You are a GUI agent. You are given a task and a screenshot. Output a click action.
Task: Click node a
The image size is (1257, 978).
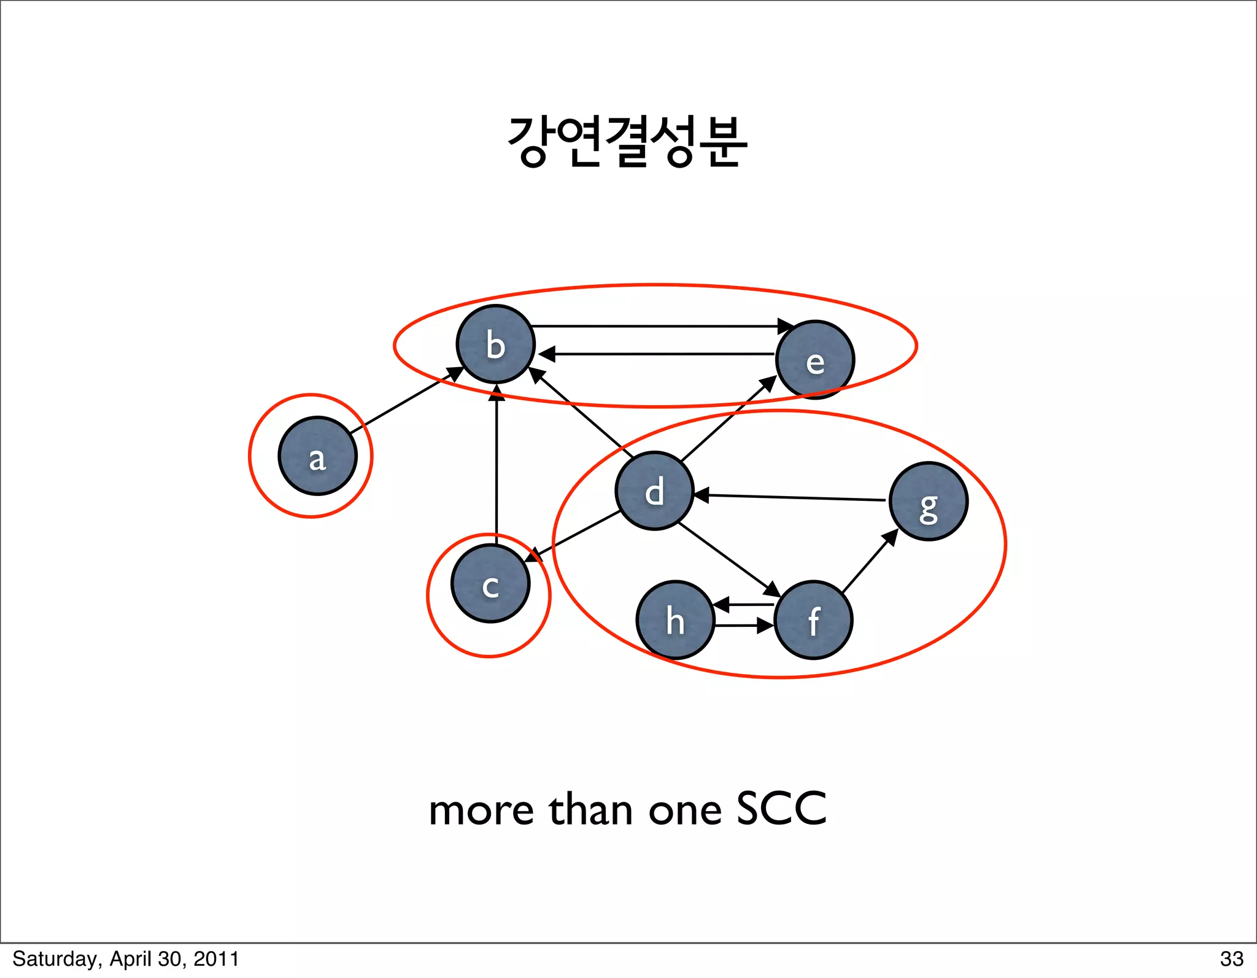click(x=317, y=456)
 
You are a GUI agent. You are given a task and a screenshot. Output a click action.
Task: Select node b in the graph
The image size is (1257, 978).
click(x=495, y=344)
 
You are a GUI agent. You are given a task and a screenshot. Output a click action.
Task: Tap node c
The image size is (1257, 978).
click(x=490, y=584)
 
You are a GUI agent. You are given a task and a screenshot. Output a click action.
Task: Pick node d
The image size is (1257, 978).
click(x=654, y=491)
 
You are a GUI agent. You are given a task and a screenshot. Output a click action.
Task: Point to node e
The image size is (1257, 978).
click(x=814, y=360)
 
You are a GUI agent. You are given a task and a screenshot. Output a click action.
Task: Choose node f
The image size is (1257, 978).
click(x=813, y=620)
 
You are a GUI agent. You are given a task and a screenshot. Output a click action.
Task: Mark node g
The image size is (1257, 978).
click(x=928, y=502)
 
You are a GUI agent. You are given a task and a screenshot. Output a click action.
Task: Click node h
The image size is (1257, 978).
click(x=675, y=620)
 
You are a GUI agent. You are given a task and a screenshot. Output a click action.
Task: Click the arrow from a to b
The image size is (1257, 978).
click(x=405, y=399)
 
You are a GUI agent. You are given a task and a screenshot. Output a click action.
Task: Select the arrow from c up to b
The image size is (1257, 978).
click(x=496, y=467)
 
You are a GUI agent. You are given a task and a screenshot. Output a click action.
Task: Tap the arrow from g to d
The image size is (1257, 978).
click(x=792, y=497)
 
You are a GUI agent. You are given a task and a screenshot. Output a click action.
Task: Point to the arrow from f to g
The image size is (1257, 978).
click(x=868, y=562)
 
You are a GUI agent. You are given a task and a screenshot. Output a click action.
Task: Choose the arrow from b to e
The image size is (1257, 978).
click(x=657, y=326)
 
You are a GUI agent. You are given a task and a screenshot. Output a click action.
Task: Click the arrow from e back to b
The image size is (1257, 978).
click(x=657, y=354)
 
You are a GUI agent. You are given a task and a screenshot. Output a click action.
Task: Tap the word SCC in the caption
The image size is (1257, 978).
click(x=781, y=809)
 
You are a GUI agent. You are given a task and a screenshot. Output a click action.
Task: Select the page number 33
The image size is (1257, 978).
click(x=1231, y=959)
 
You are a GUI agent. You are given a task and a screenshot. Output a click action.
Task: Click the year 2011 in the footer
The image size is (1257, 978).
click(x=215, y=959)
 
